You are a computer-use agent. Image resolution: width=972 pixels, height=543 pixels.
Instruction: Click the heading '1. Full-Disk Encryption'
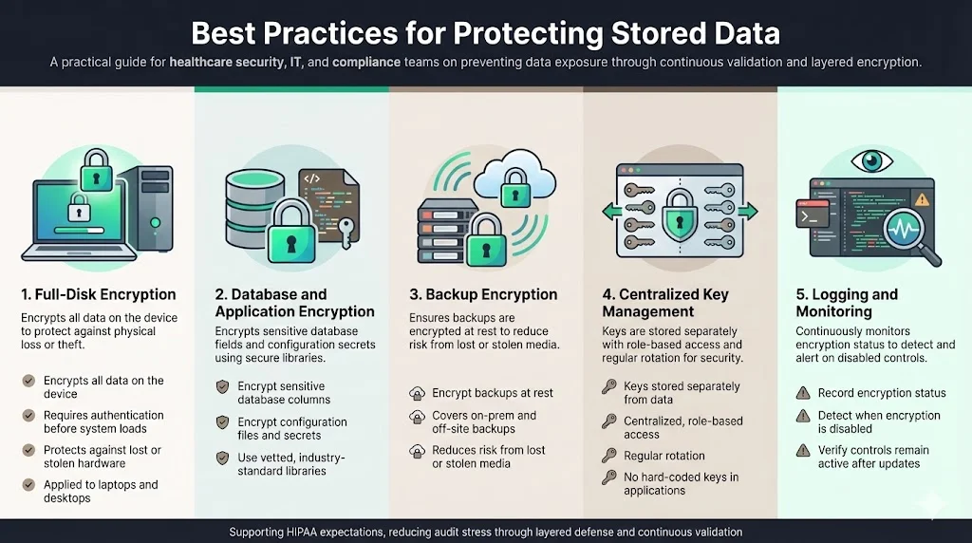99,294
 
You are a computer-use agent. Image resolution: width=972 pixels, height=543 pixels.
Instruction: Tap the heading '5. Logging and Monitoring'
848,303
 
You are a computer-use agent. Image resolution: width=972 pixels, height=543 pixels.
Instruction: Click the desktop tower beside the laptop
151,209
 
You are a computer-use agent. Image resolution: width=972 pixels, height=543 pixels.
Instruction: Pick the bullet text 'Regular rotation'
664,456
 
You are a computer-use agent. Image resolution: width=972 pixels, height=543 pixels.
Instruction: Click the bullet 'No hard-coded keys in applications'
681,484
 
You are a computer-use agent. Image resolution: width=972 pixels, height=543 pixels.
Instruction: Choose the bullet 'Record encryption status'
882,393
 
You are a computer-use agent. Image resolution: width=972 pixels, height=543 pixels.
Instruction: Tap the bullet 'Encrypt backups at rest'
492,393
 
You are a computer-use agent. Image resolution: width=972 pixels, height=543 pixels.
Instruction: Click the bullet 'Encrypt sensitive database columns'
281,393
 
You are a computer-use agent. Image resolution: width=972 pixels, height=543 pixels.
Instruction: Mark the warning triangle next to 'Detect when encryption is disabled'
800,416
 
